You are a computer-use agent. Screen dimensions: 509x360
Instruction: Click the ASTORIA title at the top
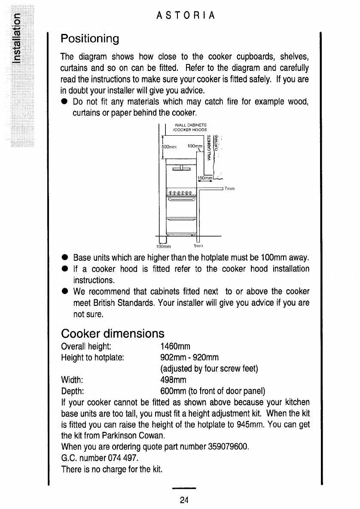pyautogui.click(x=186, y=16)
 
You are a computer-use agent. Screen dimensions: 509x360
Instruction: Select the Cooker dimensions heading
pyautogui.click(x=113, y=333)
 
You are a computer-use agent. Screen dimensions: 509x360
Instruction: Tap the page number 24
pyautogui.click(x=184, y=500)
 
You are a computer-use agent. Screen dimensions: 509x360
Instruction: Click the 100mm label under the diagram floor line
pyautogui.click(x=163, y=247)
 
